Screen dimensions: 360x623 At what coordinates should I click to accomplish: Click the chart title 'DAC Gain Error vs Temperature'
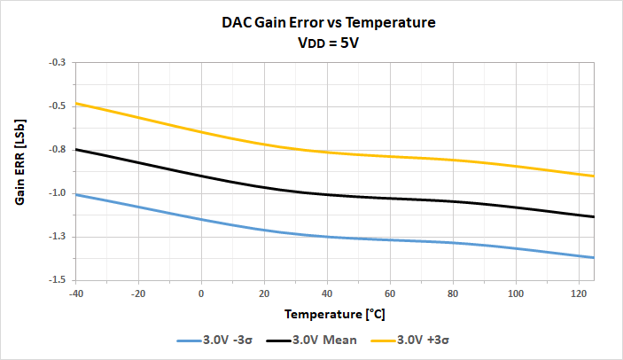click(329, 23)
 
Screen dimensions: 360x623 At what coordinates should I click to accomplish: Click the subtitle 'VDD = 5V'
click(329, 43)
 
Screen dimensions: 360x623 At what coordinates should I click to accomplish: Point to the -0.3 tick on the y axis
click(58, 63)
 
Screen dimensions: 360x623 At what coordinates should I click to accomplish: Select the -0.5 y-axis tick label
click(58, 106)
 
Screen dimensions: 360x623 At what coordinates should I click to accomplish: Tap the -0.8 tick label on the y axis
click(58, 150)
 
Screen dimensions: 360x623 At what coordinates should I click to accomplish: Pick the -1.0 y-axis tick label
click(58, 193)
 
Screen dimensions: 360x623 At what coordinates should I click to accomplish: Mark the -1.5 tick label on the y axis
click(58, 280)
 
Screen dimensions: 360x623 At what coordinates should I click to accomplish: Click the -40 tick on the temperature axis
click(76, 293)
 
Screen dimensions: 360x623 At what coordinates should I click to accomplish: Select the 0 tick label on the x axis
click(201, 293)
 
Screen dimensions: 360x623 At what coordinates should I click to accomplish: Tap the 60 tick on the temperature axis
click(390, 293)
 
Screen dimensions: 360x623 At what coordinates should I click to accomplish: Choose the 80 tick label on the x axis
click(453, 293)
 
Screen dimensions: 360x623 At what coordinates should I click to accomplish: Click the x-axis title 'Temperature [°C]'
click(335, 314)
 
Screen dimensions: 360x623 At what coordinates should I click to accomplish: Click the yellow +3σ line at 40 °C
click(327, 153)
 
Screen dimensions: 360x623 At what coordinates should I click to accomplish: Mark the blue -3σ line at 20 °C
click(264, 231)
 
